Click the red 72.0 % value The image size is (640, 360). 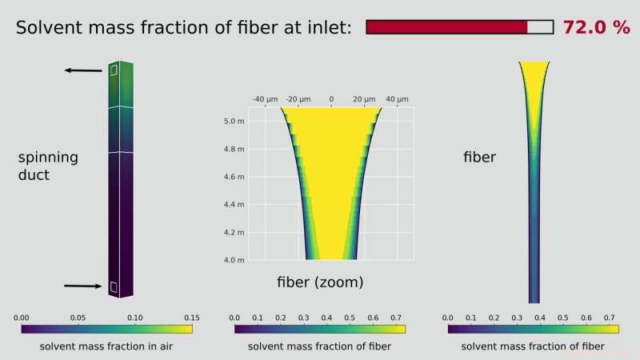click(x=596, y=27)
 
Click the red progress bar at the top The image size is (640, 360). click(x=459, y=27)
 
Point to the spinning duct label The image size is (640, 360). click(x=48, y=165)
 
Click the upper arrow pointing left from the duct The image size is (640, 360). click(x=83, y=71)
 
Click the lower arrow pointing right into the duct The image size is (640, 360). click(x=83, y=286)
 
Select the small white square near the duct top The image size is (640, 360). click(x=114, y=70)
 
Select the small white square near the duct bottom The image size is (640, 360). click(x=114, y=286)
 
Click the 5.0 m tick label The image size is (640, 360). click(x=233, y=121)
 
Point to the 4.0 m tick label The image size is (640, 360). click(x=233, y=260)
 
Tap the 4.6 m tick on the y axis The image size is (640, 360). click(x=233, y=177)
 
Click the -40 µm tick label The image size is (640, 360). click(x=264, y=99)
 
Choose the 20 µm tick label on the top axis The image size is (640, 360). click(x=364, y=99)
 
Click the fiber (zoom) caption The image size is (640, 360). click(x=320, y=282)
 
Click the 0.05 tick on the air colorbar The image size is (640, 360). click(x=78, y=317)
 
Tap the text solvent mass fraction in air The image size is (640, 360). click(x=106, y=346)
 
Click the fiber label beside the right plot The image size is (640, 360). click(x=480, y=158)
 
